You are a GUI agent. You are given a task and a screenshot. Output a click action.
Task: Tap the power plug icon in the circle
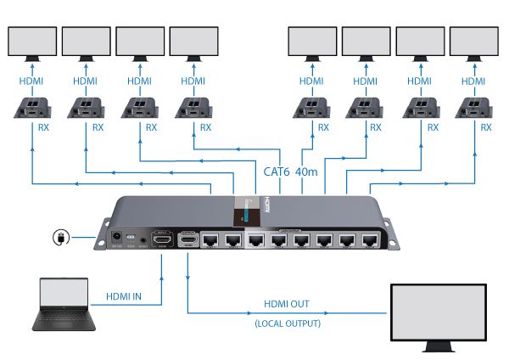62,238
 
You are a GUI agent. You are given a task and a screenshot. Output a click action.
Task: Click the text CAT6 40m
290,172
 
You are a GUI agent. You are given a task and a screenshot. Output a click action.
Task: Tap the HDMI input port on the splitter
162,241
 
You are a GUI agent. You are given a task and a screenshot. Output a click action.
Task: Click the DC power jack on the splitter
116,239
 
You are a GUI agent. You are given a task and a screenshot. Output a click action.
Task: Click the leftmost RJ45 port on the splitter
208,241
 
